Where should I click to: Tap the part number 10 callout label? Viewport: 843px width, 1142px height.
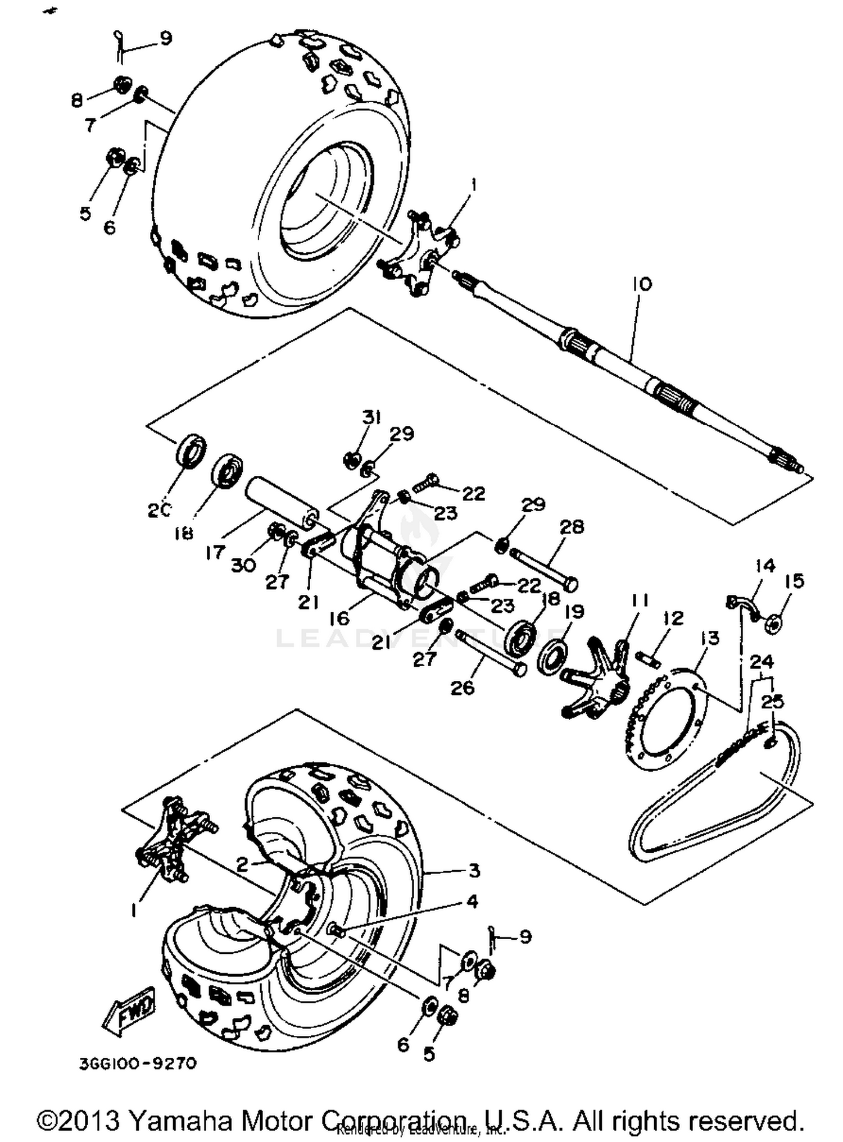(642, 284)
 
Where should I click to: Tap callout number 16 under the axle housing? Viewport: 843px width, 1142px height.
(340, 618)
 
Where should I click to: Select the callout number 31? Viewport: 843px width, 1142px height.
(371, 417)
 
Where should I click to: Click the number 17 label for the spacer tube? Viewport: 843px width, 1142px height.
(215, 553)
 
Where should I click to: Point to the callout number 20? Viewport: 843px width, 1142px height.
(159, 510)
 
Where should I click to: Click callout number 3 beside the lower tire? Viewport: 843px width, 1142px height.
(474, 870)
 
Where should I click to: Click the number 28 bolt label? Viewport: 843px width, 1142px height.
(572, 526)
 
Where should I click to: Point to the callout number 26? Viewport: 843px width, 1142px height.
(463, 688)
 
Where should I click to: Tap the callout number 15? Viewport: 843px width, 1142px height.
(795, 581)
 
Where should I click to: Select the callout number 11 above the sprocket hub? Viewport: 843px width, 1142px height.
(640, 600)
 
